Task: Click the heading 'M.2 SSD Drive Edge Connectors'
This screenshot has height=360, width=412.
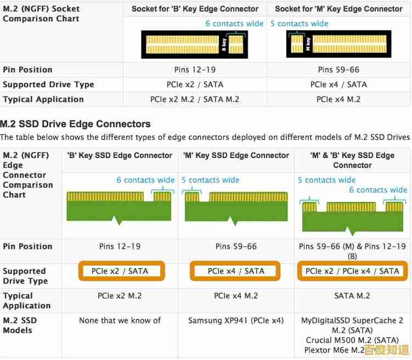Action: tap(75, 124)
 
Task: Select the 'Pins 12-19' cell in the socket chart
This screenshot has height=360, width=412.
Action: tap(195, 70)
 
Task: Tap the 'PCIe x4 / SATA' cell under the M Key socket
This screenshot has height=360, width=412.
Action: tap(338, 85)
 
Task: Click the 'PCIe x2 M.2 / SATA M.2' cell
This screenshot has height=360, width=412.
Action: tap(195, 99)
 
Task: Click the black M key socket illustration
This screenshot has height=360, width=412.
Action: tap(338, 44)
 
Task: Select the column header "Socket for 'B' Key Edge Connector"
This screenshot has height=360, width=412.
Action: tap(195, 9)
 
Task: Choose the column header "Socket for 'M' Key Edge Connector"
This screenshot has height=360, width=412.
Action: tap(338, 9)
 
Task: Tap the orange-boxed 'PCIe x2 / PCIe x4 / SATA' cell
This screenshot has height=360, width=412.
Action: tap(352, 271)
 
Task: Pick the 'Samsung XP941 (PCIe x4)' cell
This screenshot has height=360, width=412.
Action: tap(236, 320)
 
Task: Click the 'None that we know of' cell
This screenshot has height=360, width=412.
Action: tap(120, 320)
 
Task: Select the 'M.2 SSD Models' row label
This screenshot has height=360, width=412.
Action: tap(20, 325)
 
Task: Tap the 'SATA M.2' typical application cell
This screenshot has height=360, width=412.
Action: tap(352, 296)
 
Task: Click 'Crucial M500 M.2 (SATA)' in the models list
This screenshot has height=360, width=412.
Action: tap(352, 340)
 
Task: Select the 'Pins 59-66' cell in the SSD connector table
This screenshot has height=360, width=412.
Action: tap(236, 246)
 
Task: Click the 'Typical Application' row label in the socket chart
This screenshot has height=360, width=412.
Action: tap(43, 99)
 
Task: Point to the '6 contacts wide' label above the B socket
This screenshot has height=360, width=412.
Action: tap(234, 24)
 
